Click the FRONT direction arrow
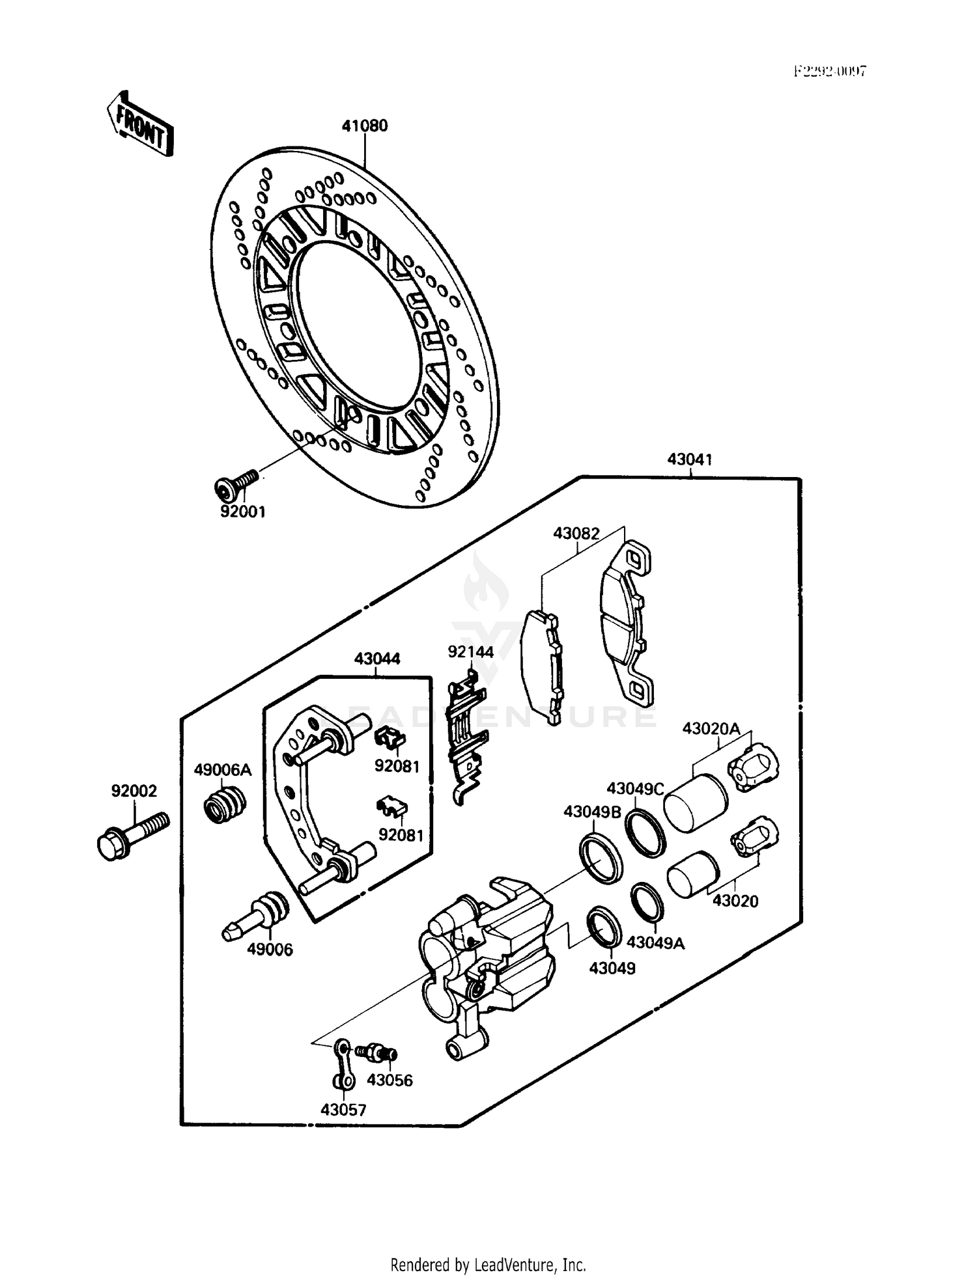point(140,124)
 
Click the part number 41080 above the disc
point(365,126)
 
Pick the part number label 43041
point(689,460)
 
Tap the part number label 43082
point(576,534)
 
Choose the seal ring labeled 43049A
point(647,903)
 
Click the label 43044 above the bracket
point(377,659)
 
